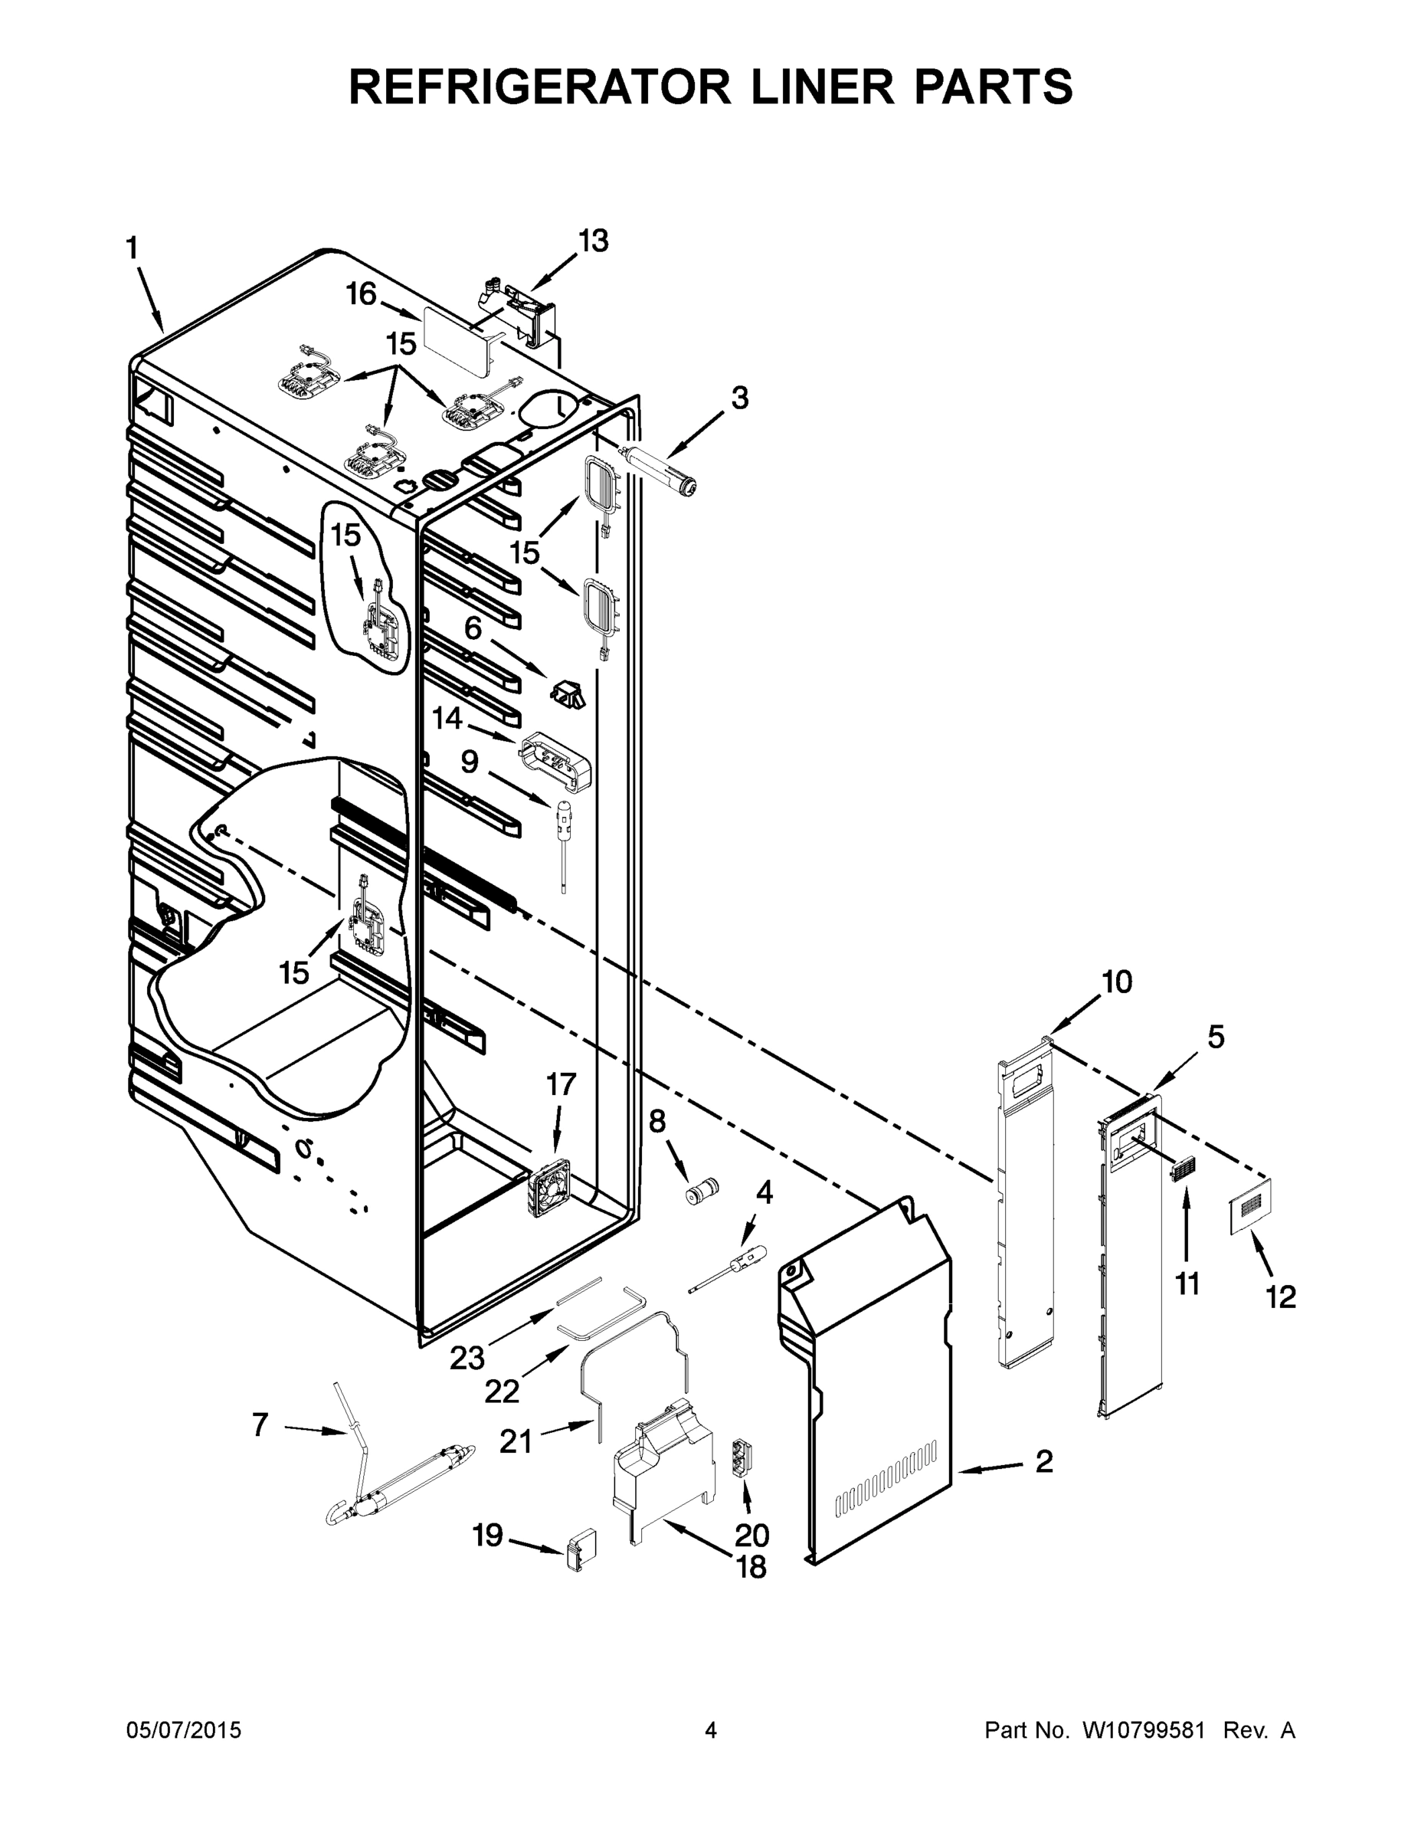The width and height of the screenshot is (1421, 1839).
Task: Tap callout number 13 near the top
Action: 593,241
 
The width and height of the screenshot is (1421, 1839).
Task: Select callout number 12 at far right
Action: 1280,1297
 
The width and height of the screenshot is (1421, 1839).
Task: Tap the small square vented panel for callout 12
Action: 1249,1207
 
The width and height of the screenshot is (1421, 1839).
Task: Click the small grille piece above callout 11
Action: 1184,1169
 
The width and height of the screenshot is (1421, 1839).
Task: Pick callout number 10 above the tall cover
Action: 1117,982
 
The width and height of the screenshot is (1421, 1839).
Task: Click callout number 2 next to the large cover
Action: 1043,1462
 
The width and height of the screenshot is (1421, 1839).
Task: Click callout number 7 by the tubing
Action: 260,1424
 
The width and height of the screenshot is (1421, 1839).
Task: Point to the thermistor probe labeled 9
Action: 562,842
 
